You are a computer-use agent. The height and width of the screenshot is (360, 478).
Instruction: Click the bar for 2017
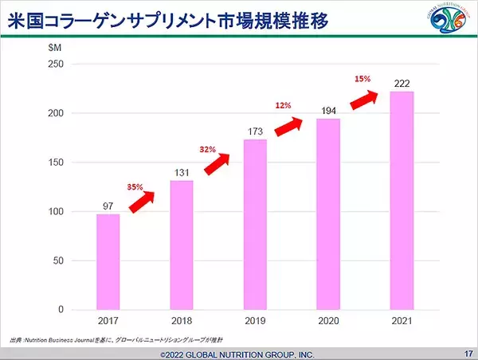pyautogui.click(x=108, y=261)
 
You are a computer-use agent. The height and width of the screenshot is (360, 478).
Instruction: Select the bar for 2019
pyautogui.click(x=255, y=224)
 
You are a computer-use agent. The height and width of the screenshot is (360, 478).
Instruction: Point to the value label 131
pyautogui.click(x=182, y=172)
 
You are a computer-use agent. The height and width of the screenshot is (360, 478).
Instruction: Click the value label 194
pyautogui.click(x=328, y=110)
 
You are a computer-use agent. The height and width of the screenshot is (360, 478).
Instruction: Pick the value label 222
pyautogui.click(x=402, y=83)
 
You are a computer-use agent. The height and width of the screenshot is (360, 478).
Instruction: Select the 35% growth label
pyautogui.click(x=135, y=187)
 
